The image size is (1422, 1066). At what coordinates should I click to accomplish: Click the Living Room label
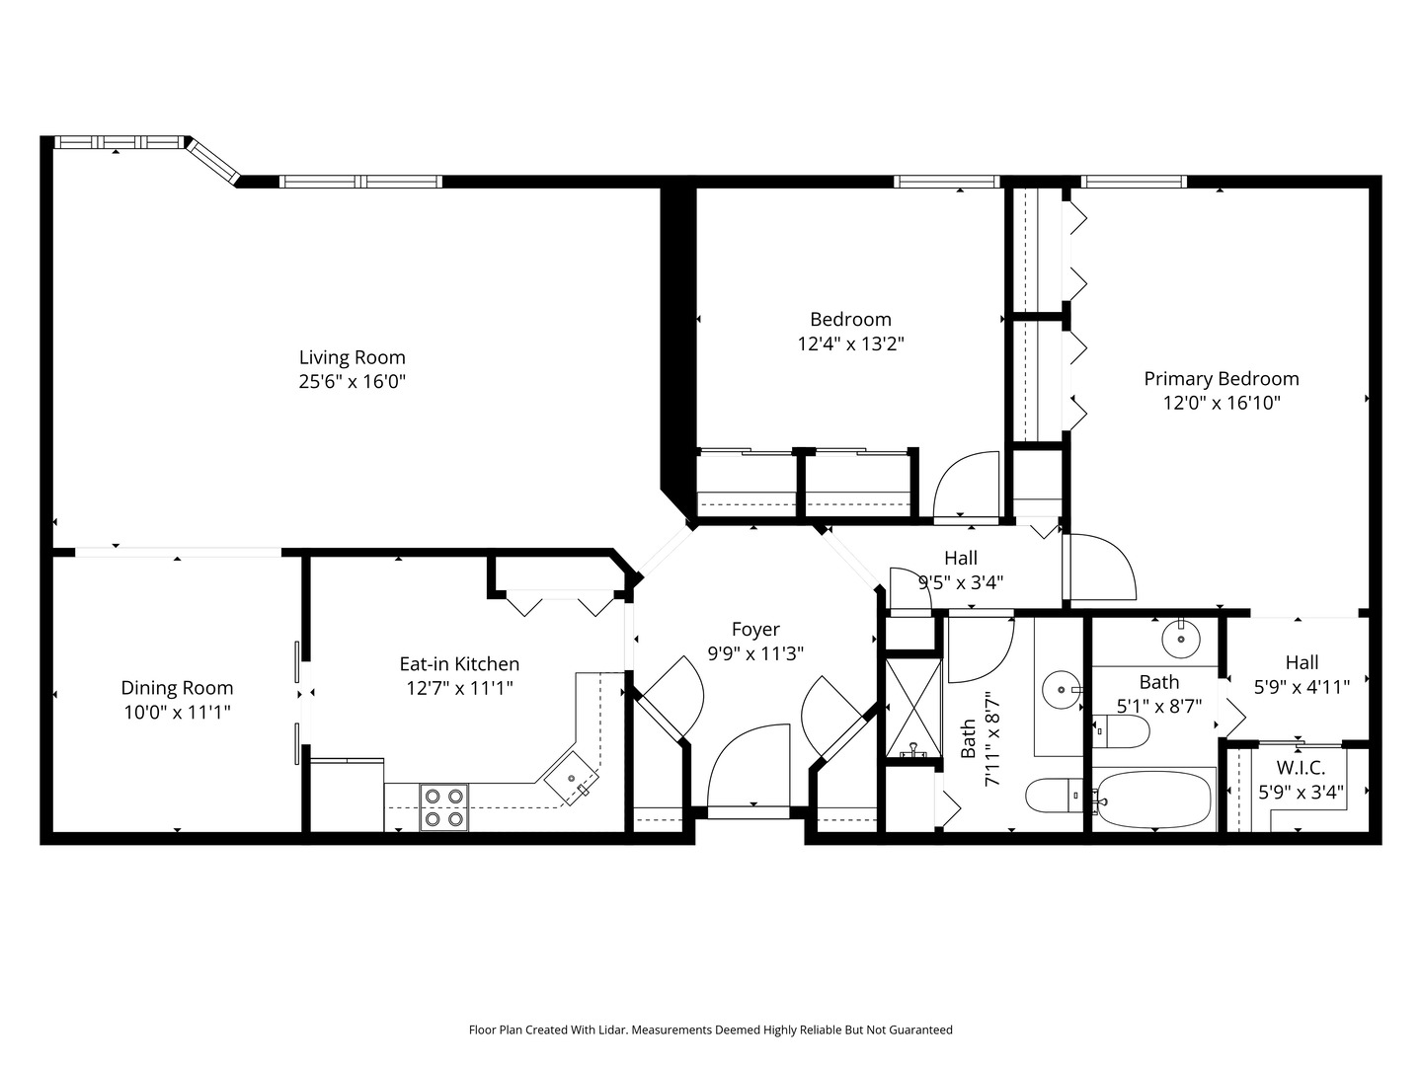352,357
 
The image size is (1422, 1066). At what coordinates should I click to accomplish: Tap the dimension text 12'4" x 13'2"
850,343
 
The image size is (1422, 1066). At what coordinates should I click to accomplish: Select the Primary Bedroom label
1222,379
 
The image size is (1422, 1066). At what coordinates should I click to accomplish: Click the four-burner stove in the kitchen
443,807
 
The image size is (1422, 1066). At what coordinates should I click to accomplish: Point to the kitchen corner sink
572,779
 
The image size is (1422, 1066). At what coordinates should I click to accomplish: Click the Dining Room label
177,687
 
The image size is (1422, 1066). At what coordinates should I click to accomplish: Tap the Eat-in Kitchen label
459,664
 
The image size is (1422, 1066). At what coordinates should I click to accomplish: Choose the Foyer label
755,629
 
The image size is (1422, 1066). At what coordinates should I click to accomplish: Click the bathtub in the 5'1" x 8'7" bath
1153,800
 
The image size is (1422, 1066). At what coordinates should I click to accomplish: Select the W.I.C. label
1301,768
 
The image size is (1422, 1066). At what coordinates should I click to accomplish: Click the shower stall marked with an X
912,708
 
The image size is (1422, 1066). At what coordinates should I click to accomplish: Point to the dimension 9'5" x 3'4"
961,582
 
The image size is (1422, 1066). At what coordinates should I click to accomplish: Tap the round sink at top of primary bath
1180,639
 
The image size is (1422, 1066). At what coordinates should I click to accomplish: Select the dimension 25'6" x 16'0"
352,382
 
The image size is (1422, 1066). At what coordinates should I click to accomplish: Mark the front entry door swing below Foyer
749,766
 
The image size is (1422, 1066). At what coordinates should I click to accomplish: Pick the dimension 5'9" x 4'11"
1303,687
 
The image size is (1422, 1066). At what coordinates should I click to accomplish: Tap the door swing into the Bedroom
966,484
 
